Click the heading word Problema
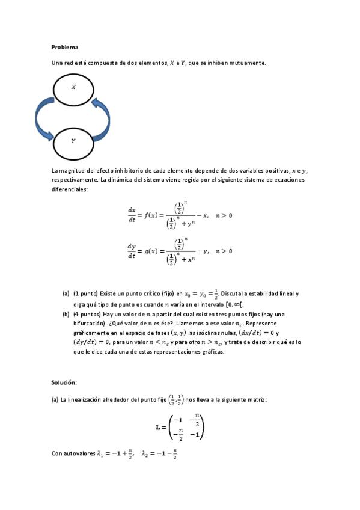click(65, 46)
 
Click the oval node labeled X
click(73, 88)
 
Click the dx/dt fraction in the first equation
click(132, 215)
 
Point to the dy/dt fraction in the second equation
click(132, 251)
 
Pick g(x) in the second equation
click(153, 251)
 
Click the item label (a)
click(66, 294)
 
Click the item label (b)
click(66, 314)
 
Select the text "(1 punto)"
click(85, 294)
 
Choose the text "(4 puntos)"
click(87, 314)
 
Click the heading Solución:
click(64, 382)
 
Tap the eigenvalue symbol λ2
click(145, 454)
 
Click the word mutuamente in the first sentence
click(248, 63)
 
